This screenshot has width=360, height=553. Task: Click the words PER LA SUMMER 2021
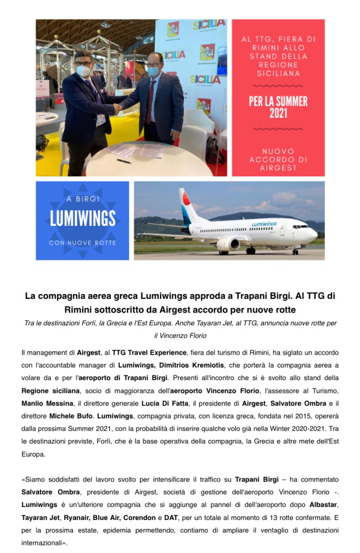(278, 107)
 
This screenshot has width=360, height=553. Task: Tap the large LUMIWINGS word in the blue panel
(83, 218)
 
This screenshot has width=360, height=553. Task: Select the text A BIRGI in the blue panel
(83, 198)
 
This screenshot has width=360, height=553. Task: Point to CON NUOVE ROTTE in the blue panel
(83, 242)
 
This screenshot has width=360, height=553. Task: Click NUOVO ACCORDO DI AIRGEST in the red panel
(278, 159)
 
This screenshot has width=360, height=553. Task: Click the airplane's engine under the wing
(228, 244)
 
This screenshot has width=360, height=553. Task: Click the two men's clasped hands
(117, 108)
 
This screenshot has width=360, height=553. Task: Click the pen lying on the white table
(124, 160)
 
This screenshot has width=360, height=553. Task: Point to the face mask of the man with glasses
(83, 70)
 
